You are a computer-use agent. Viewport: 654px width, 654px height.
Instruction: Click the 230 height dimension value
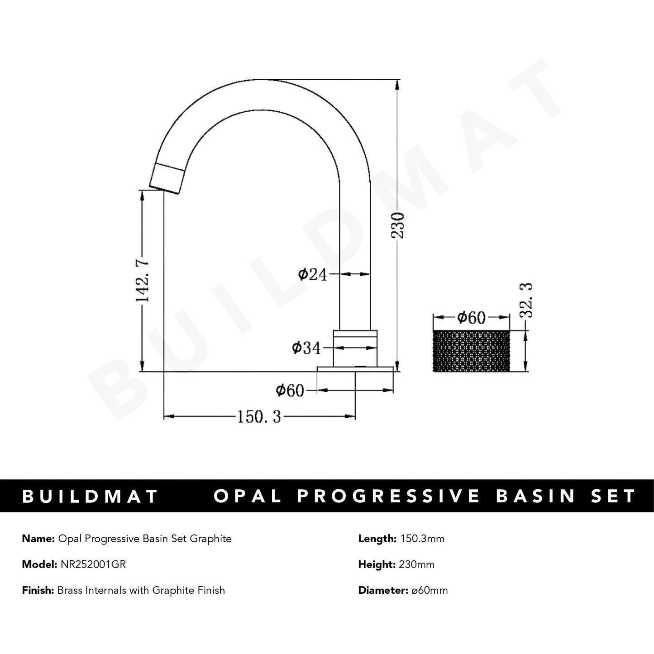click(398, 225)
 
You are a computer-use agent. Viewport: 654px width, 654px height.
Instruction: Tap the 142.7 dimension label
click(143, 281)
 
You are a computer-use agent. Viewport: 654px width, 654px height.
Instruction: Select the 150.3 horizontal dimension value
click(259, 416)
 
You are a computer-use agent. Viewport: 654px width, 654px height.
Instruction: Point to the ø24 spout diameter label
click(312, 274)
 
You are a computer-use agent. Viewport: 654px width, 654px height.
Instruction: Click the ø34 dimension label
click(306, 348)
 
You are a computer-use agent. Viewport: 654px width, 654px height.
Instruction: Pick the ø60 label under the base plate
click(290, 390)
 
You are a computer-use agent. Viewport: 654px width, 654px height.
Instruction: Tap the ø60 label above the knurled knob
click(471, 318)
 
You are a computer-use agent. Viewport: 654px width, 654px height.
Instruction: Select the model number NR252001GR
click(93, 564)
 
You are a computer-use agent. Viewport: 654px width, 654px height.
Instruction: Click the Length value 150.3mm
click(421, 539)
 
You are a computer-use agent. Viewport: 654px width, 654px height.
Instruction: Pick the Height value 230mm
click(416, 564)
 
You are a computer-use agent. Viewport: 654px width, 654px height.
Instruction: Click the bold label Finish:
click(38, 590)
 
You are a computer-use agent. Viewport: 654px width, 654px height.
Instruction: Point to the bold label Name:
click(38, 539)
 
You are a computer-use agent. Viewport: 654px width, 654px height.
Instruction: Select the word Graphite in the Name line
click(210, 539)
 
